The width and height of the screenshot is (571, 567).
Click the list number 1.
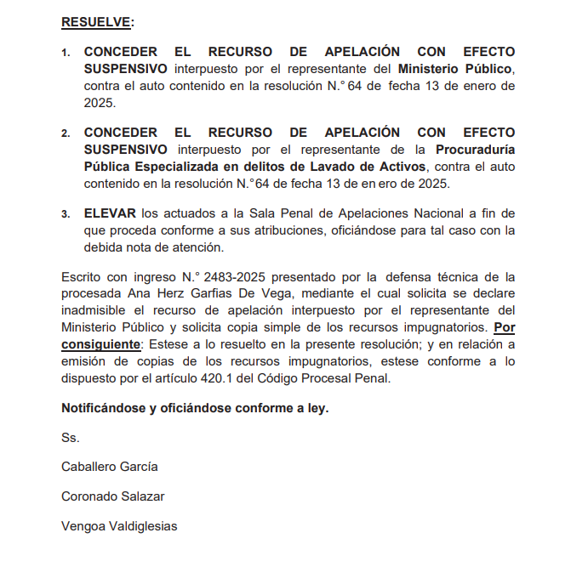[x=65, y=54]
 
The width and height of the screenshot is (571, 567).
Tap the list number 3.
[x=65, y=215]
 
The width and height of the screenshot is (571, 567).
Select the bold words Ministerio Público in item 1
[x=455, y=69]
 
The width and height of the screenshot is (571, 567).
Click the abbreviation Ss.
[x=70, y=438]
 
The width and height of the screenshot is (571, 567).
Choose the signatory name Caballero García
[x=109, y=467]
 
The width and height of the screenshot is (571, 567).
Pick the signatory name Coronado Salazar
[x=113, y=496]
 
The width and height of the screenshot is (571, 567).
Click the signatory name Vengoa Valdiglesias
[x=119, y=526]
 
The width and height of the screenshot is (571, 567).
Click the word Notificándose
[x=102, y=407]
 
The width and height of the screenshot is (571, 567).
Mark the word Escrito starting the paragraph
[x=82, y=277]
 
